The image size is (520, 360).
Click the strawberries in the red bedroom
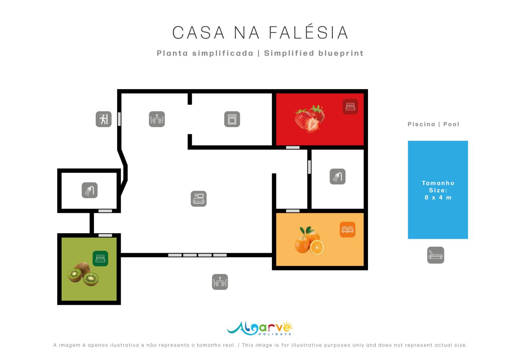310,118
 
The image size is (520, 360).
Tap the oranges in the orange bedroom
309,240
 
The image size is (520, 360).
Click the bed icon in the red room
350,107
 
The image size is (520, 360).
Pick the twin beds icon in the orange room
348,230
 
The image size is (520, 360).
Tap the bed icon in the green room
100,258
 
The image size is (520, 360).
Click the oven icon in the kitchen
232,119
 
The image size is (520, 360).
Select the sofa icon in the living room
199,199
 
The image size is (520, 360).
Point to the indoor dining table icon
157,119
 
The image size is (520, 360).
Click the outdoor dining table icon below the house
220,282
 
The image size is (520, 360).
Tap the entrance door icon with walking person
104,119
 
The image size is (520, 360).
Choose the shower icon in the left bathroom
90,190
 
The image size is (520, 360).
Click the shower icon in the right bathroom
338,176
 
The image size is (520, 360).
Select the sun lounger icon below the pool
436,255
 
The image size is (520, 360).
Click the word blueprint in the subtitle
340,53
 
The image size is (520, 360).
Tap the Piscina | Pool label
434,124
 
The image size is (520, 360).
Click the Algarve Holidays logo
260,328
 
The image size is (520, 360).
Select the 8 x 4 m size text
438,198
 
